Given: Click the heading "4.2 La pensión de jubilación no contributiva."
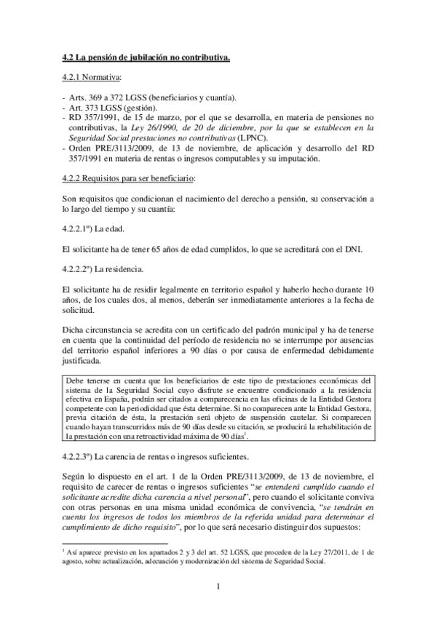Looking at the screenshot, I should [x=146, y=57].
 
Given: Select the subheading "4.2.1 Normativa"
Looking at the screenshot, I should [x=91, y=76].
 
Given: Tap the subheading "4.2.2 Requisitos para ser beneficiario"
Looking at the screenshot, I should [x=128, y=178].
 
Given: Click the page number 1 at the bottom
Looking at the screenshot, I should [x=218, y=588].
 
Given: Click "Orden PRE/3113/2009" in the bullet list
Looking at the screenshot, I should [x=110, y=147].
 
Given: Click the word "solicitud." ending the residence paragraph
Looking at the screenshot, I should [x=78, y=311].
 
